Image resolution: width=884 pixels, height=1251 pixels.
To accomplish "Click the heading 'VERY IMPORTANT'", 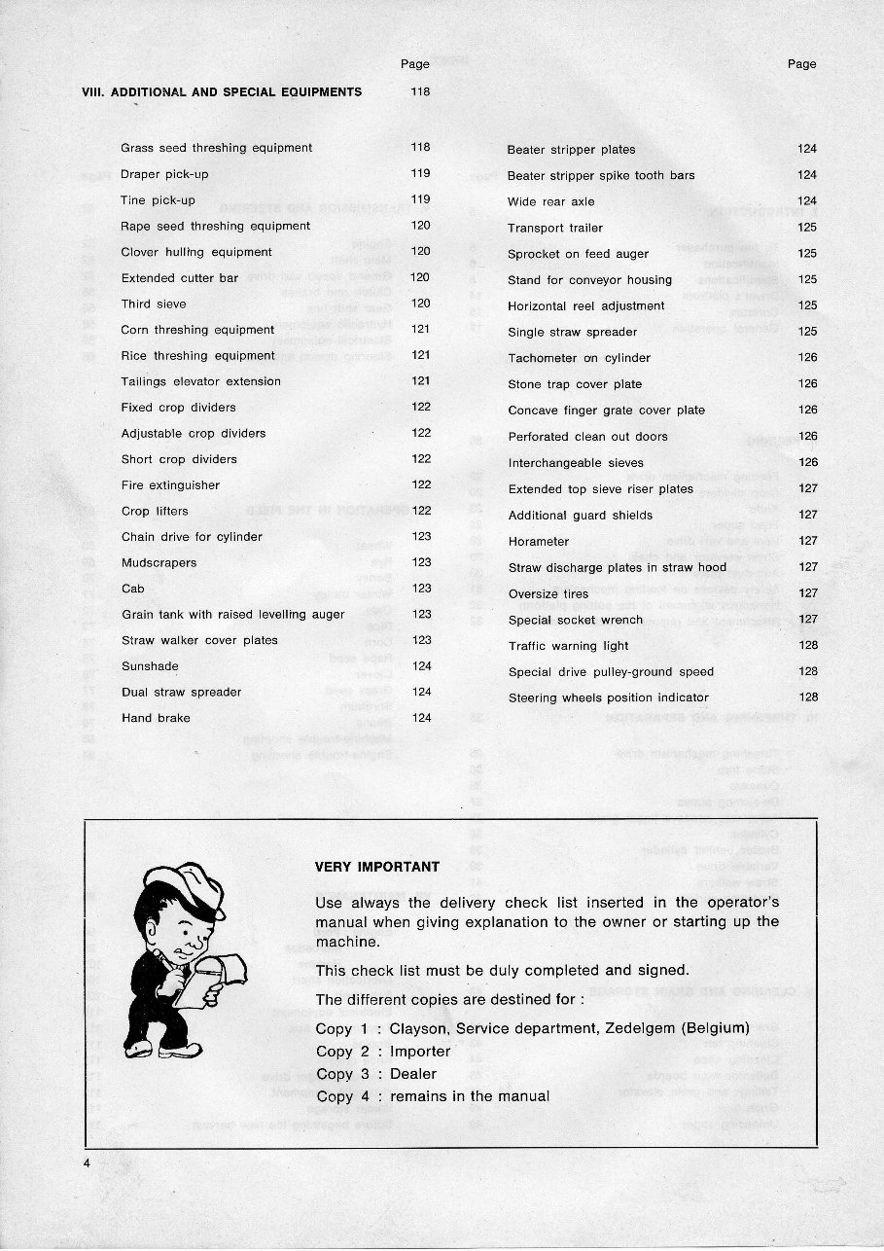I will tap(377, 867).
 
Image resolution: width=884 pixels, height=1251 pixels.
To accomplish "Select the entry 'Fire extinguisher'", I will tap(170, 485).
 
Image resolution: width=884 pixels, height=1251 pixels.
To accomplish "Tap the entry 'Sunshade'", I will tap(149, 666).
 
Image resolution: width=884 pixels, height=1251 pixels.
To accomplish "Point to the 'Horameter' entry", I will tap(538, 542).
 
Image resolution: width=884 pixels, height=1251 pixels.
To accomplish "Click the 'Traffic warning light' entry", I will tap(568, 646).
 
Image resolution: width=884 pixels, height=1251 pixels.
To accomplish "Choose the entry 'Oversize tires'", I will tap(548, 594).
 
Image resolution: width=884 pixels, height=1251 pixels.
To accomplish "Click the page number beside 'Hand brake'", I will tap(421, 718).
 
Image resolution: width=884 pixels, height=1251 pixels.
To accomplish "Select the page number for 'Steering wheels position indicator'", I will tap(808, 697).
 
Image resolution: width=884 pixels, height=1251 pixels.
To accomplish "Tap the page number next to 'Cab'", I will tap(421, 589).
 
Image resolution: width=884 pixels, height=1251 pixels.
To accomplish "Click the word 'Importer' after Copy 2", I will tap(420, 1052).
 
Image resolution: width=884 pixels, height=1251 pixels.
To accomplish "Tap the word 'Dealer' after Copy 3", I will tap(413, 1074).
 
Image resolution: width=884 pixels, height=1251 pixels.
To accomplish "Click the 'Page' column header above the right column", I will tap(801, 64).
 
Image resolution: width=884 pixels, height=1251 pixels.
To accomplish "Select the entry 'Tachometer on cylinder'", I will tap(579, 358).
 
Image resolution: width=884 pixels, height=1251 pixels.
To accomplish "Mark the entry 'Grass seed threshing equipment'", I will tap(216, 148).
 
